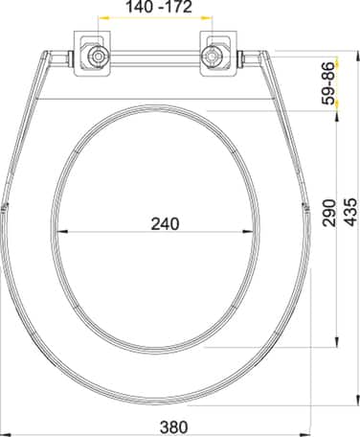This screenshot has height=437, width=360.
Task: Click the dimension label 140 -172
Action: coord(160,7)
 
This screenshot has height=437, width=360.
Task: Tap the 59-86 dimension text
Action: coord(329,83)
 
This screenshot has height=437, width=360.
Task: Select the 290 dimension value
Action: coord(329,213)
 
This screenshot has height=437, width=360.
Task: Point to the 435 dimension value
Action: coord(350,212)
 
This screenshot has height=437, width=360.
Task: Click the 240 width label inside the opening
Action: coord(165,223)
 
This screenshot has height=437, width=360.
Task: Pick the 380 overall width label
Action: coord(174,426)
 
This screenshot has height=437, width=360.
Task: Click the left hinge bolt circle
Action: coord(99,57)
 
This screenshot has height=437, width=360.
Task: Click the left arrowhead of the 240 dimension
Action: coord(61,232)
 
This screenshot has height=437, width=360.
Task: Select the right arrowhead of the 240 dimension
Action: coord(249,232)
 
